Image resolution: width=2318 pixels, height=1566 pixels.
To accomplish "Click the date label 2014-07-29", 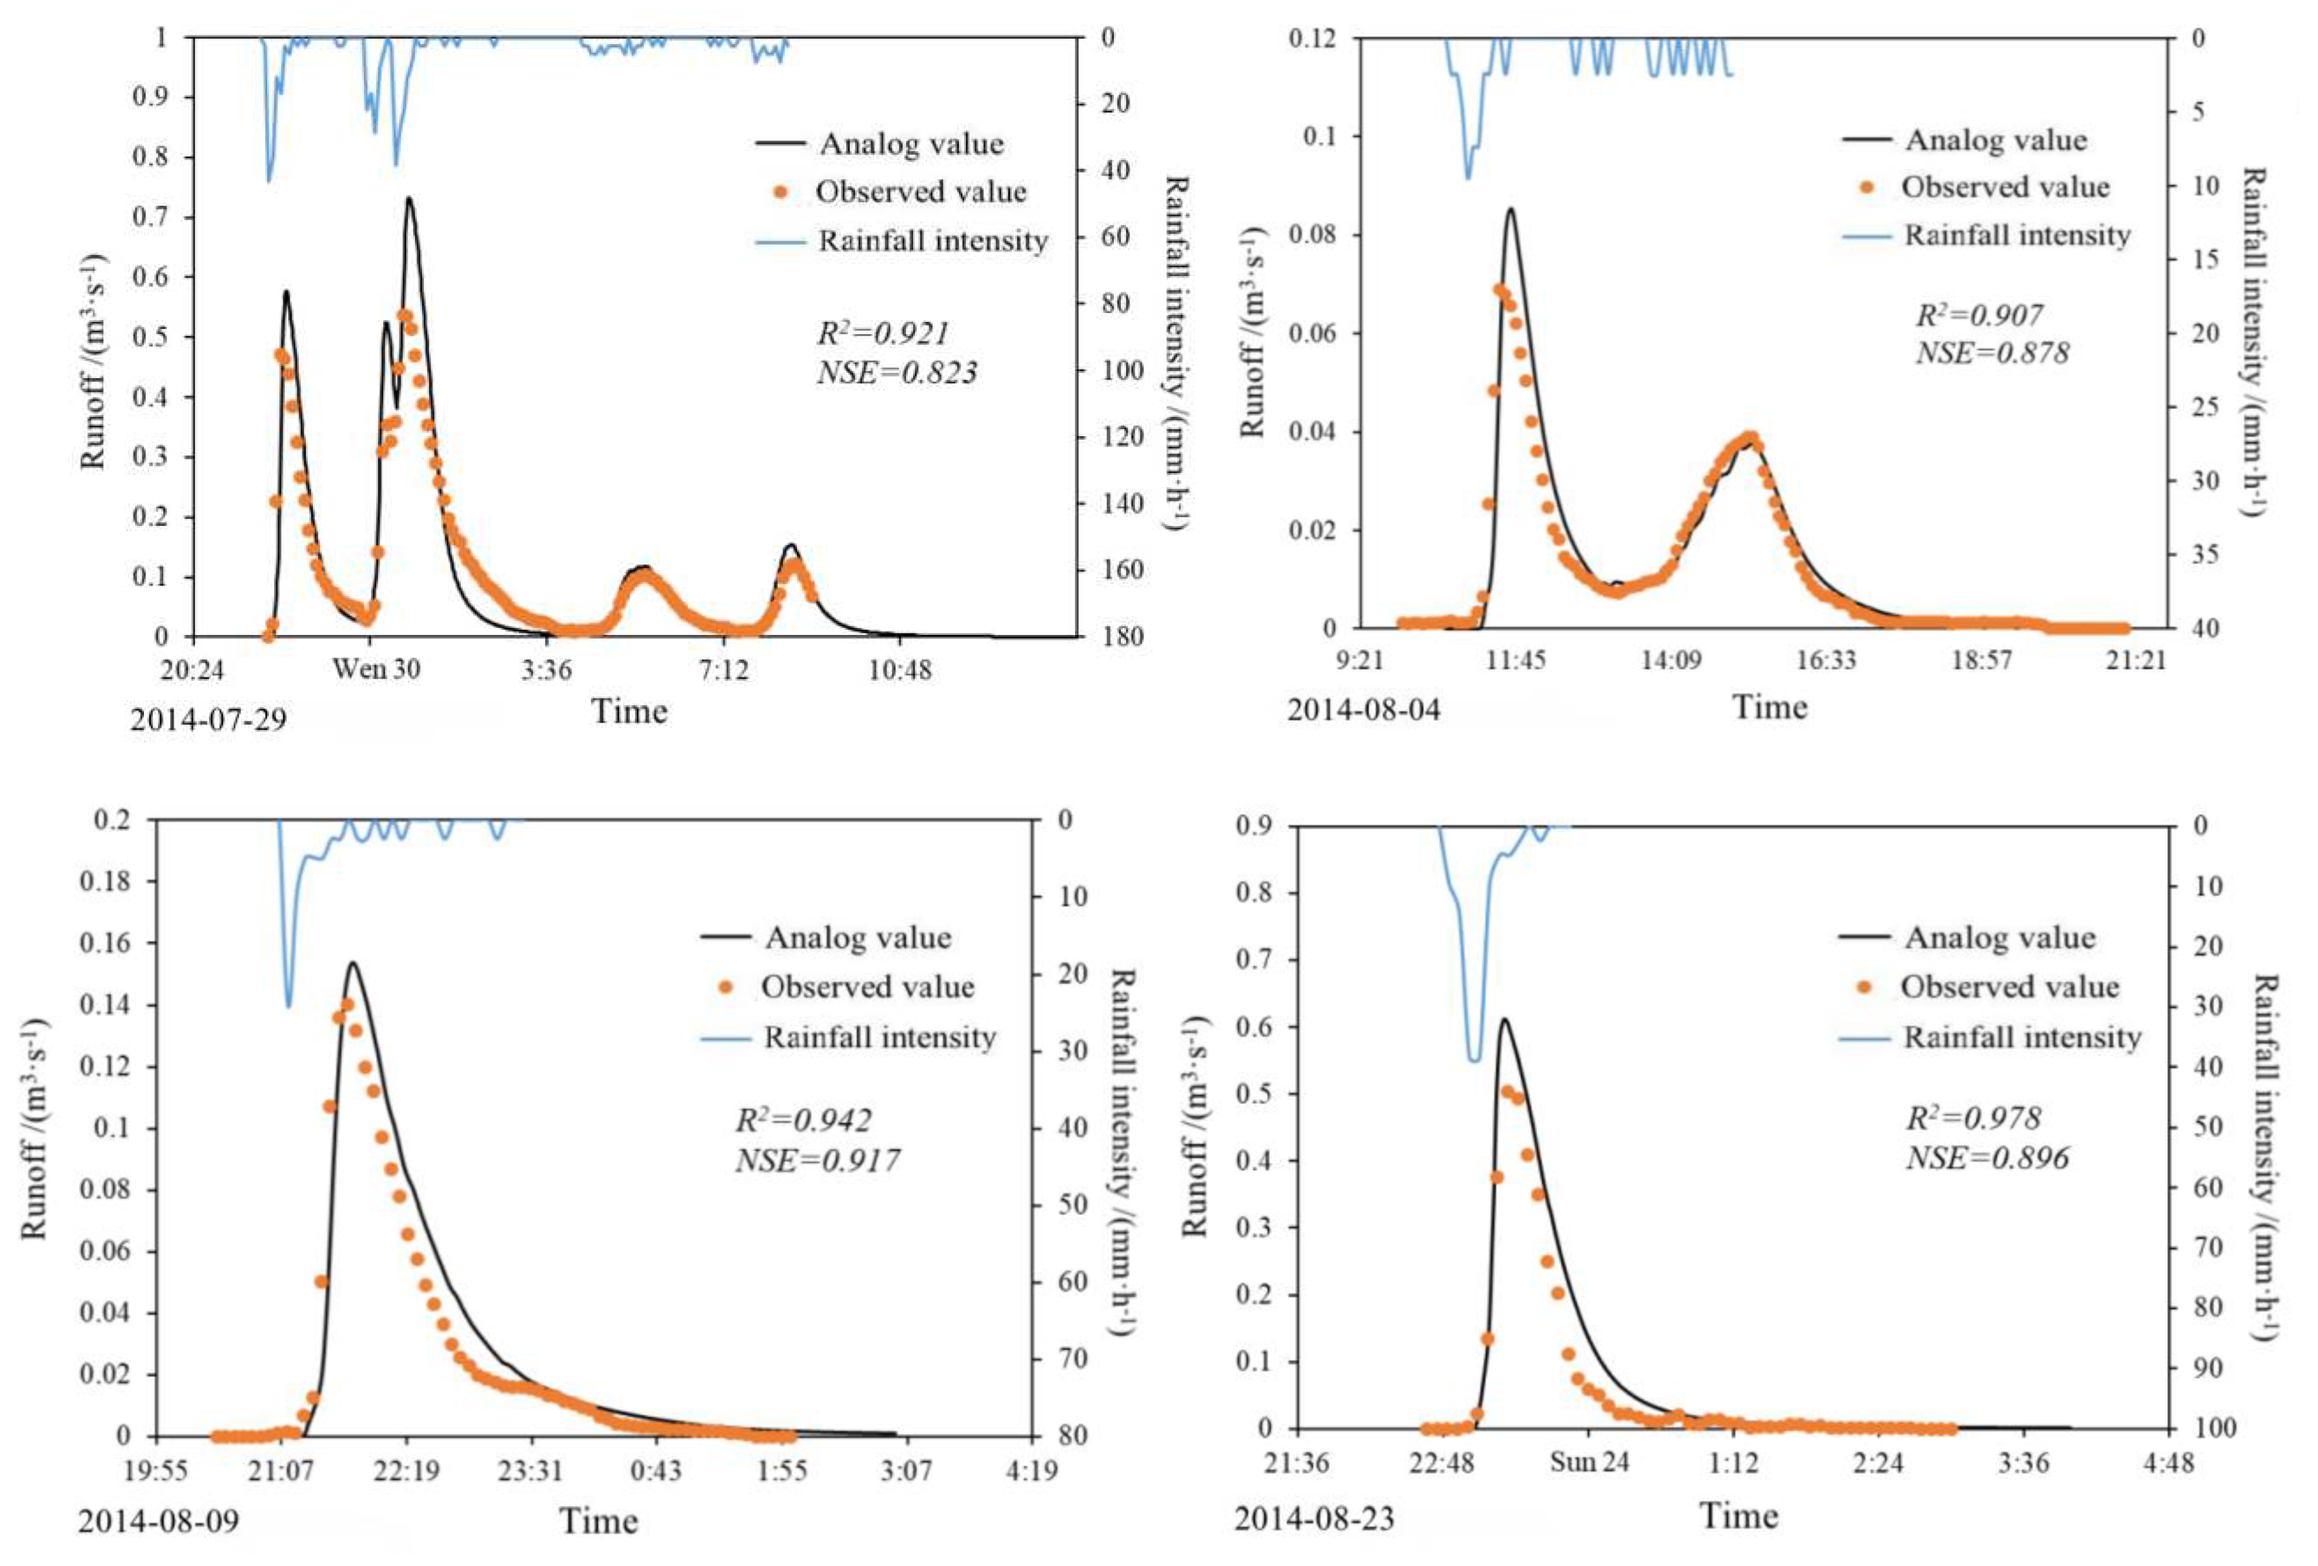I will [208, 718].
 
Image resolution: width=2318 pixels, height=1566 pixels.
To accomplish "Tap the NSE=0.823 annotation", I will [897, 373].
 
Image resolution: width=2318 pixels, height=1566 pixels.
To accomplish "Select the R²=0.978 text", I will [1973, 1118].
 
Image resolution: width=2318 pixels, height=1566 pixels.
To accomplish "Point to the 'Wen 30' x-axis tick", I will [376, 668].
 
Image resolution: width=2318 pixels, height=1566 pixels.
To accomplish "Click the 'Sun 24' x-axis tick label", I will [1589, 1462].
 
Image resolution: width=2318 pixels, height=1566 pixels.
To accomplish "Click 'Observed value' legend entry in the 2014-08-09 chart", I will [867, 987].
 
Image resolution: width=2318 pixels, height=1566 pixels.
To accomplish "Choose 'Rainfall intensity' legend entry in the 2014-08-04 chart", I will [2017, 236].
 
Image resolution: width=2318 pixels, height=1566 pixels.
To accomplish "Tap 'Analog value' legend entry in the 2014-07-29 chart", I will [911, 144].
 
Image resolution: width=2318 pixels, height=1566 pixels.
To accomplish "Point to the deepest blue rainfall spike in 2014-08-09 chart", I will [289, 1005].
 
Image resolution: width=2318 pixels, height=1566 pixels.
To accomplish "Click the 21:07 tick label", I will [281, 1471].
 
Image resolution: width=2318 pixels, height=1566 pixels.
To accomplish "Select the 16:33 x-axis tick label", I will [1825, 660].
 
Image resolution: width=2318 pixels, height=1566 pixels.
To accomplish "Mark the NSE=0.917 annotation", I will [818, 1160].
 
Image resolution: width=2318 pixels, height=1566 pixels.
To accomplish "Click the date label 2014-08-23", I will [1314, 1519].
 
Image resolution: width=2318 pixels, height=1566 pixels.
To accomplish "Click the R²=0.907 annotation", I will [1979, 315].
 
